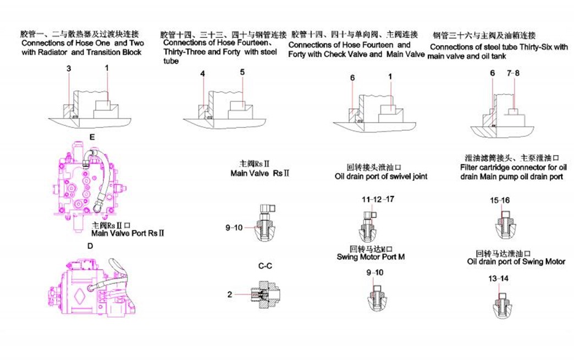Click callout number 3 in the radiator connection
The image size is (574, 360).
point(69,69)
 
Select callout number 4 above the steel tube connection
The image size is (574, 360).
point(203,73)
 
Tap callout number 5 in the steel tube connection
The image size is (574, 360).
point(242,72)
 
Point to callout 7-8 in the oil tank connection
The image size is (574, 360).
point(513,73)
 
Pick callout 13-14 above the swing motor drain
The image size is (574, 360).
point(498,279)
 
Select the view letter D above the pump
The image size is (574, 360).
point(90,245)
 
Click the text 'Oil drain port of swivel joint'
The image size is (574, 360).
point(381,176)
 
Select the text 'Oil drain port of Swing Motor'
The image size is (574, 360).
point(516,262)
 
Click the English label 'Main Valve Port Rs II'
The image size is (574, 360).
point(128,233)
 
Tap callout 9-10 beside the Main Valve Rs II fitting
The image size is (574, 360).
point(234,226)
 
